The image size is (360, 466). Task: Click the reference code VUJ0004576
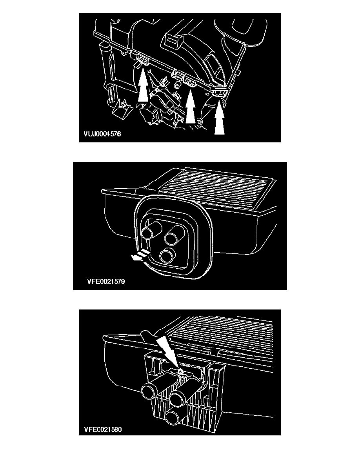[102, 134]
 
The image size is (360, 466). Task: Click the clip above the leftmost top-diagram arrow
[143, 61]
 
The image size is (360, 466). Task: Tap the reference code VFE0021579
[106, 281]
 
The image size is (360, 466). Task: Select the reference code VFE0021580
[103, 429]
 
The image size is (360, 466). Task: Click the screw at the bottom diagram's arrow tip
[180, 371]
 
